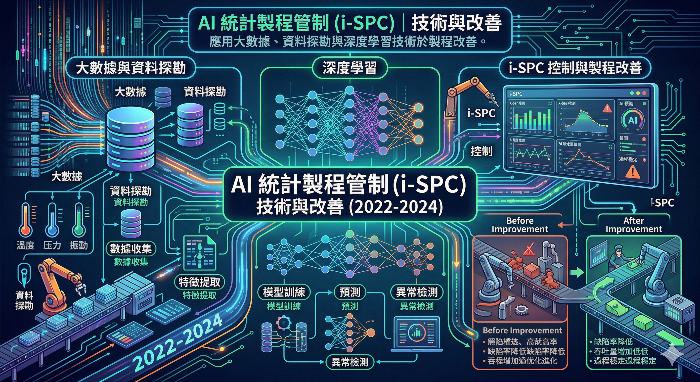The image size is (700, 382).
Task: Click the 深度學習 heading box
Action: pos(350,68)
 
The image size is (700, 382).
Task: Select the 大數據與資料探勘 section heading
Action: pos(131,68)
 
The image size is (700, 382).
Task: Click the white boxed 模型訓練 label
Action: pos(284,292)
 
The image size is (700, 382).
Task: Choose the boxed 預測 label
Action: pos(350,292)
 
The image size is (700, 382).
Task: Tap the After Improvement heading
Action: pos(634,225)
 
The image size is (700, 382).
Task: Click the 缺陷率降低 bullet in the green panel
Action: pos(613,341)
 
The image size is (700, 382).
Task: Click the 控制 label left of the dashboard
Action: pos(481,151)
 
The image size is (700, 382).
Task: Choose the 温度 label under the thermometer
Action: pos(25,245)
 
